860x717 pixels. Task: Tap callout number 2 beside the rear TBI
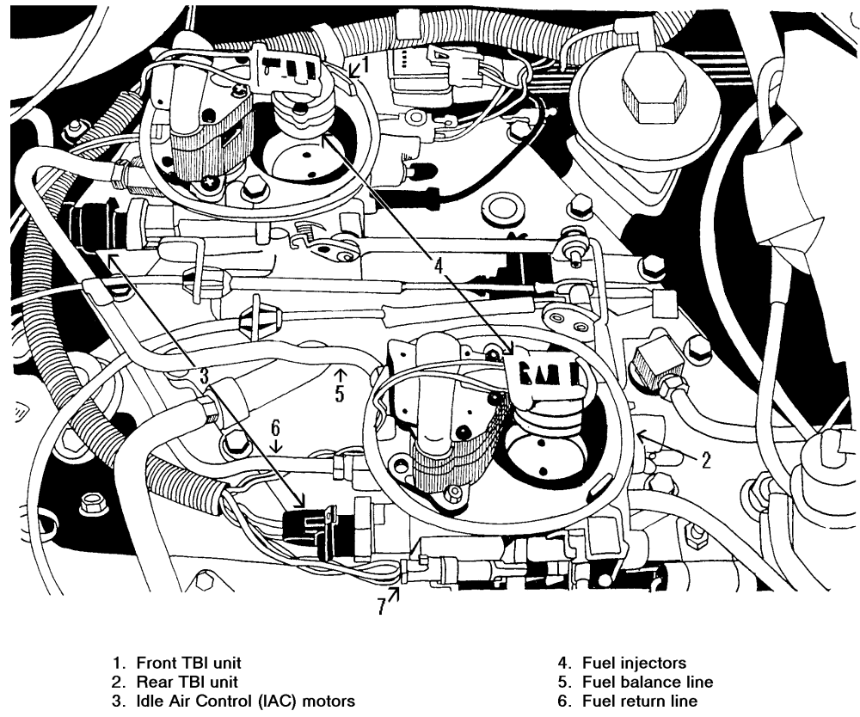pyautogui.click(x=706, y=460)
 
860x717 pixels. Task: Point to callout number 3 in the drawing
pyautogui.click(x=205, y=375)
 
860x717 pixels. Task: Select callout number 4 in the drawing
pyautogui.click(x=439, y=267)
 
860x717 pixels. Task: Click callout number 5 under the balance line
pyautogui.click(x=340, y=394)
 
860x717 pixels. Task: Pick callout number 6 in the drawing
pyautogui.click(x=275, y=426)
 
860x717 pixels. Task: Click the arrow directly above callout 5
pyautogui.click(x=340, y=374)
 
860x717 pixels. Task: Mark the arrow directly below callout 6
pyautogui.click(x=275, y=445)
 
